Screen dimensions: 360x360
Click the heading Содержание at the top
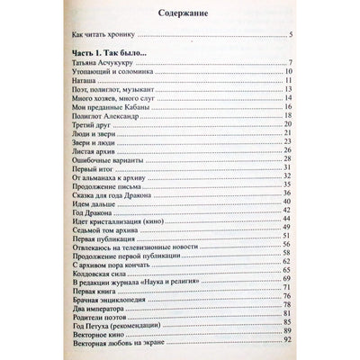[180, 14]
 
